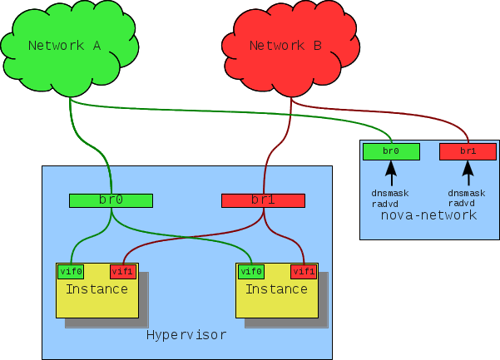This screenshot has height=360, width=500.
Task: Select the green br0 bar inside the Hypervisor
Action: click(x=111, y=200)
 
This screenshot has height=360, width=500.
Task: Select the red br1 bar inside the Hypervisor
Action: click(x=263, y=200)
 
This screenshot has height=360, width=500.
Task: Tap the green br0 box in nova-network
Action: click(x=391, y=151)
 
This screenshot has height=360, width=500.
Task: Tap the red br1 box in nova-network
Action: click(x=468, y=151)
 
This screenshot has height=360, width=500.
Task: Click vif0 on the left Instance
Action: click(x=70, y=271)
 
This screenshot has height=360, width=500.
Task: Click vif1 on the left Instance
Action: click(x=123, y=271)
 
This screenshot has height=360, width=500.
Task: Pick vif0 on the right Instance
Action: click(x=250, y=271)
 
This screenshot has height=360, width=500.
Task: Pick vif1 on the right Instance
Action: click(x=304, y=271)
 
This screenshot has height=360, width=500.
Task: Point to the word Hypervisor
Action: click(x=186, y=335)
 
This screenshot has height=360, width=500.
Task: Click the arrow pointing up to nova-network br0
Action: click(x=390, y=173)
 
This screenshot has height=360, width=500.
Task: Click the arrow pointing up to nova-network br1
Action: click(x=468, y=173)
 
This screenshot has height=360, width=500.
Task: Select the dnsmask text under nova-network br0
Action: click(x=390, y=192)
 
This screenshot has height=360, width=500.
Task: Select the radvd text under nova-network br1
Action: click(x=462, y=202)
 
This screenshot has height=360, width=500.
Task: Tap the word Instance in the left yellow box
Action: click(x=97, y=289)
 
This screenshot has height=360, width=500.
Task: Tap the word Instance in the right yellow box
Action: click(x=276, y=289)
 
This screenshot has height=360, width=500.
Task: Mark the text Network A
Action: click(x=64, y=46)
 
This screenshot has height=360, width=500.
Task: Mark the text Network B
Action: click(x=285, y=47)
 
